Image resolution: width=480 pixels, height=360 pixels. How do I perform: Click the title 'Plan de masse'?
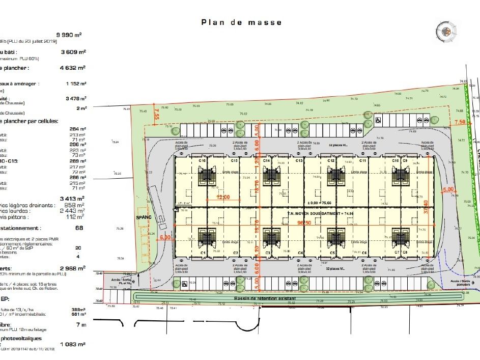coord(241,22)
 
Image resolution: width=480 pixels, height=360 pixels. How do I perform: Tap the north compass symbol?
coord(446,32)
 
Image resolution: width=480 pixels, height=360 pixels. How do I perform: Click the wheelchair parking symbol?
coord(378,121)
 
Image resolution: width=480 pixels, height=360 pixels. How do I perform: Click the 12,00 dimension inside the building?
coord(223,197)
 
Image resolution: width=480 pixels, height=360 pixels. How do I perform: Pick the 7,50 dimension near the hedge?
coord(460,122)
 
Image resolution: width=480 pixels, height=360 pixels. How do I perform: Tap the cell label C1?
coord(202,253)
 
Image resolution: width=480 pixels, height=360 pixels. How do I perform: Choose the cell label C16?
coord(202,161)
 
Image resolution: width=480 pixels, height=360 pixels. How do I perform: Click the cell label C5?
coord(332,253)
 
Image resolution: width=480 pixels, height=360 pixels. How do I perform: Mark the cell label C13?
coord(299,161)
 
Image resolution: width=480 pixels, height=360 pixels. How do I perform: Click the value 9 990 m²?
coord(72,35)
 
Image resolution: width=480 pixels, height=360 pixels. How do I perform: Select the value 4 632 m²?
coord(73,67)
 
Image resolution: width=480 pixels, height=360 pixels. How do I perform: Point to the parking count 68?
coord(79,228)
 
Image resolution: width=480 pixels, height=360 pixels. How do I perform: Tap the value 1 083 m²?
coord(73,344)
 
